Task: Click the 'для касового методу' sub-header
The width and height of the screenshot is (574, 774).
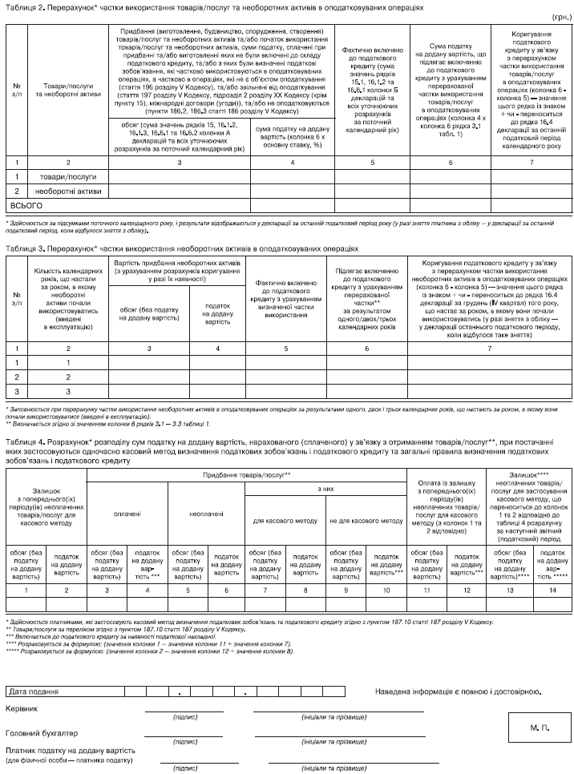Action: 285,521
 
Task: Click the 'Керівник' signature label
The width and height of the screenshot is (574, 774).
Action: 22,709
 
